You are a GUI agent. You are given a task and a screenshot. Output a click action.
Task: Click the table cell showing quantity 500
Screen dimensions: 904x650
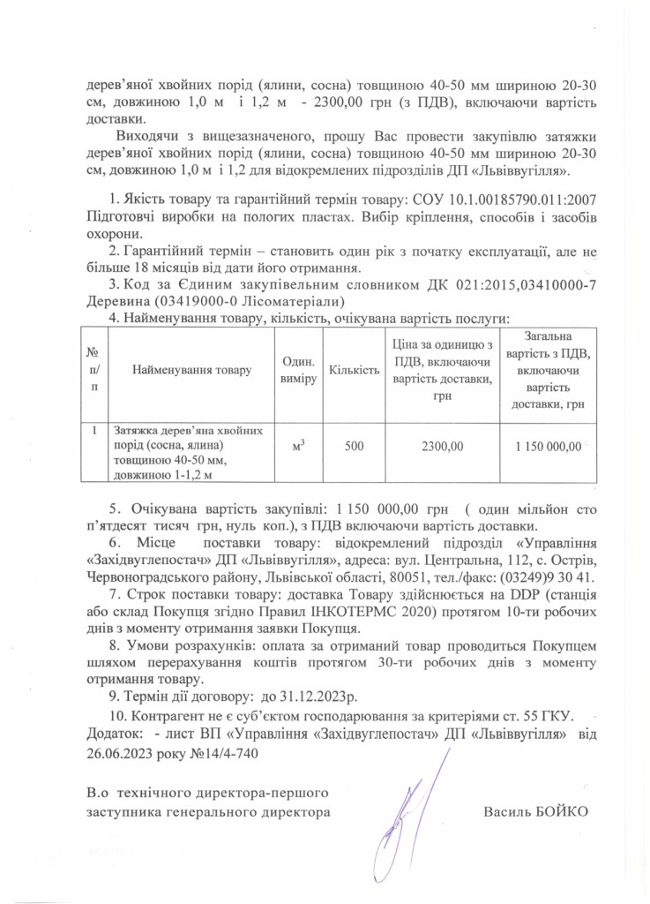pyautogui.click(x=354, y=447)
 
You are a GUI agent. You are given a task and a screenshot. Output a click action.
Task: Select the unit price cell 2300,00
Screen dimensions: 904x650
pyautogui.click(x=445, y=447)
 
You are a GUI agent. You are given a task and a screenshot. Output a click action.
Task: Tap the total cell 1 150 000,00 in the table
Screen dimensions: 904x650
pyautogui.click(x=549, y=447)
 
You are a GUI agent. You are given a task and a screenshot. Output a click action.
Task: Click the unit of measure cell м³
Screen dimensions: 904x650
pyautogui.click(x=297, y=447)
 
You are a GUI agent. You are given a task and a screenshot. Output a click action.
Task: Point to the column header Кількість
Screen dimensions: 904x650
pyautogui.click(x=354, y=371)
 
